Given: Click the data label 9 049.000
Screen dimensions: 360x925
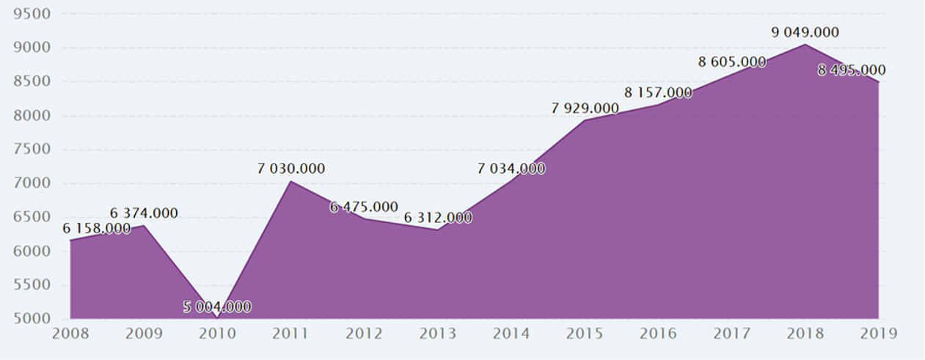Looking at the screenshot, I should pos(805,32).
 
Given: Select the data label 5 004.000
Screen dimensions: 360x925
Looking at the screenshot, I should pos(217,306).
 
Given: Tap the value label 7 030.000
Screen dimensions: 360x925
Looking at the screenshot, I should pos(291,169).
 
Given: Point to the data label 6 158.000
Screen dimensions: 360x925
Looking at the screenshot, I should pos(96,229).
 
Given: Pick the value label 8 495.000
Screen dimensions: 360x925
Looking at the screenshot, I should pos(851,70).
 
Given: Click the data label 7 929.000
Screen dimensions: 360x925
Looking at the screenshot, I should pos(585,109).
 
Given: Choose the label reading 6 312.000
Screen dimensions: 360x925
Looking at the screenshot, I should pos(438,218).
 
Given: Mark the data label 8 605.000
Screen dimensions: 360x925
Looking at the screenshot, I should pos(732,62).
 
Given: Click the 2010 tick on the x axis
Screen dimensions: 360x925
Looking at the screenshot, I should pos(217,334).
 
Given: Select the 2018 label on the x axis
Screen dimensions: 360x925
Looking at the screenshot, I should pos(805,334).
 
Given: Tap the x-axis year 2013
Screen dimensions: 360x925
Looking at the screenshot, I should pos(438,334).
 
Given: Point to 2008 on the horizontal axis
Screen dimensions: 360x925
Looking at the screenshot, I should pos(70,334).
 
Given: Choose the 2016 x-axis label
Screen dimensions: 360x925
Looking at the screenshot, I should pos(658,334).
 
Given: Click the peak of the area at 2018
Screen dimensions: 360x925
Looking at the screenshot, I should pos(805,45).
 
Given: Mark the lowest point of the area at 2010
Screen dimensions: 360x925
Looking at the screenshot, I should pos(217,318).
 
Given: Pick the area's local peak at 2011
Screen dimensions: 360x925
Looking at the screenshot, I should pos(291,181).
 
